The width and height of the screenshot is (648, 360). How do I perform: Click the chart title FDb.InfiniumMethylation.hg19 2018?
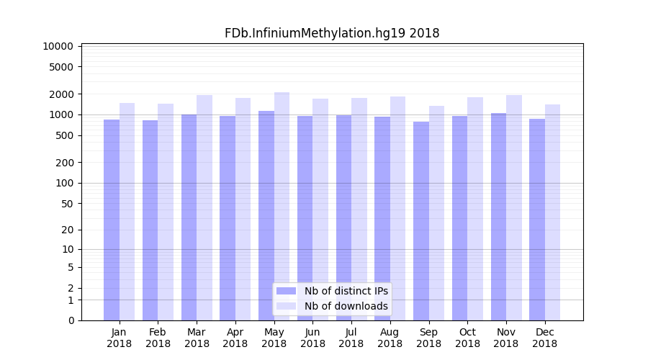pyautogui.click(x=332, y=33)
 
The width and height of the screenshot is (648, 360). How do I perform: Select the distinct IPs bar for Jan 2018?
pyautogui.click(x=112, y=220)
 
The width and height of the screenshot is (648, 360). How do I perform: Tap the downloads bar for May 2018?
pyautogui.click(x=282, y=206)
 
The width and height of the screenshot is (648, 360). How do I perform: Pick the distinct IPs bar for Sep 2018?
pyautogui.click(x=421, y=221)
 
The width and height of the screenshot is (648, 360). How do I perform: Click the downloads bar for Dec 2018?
pyautogui.click(x=552, y=212)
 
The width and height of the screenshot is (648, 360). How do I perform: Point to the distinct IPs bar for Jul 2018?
pyautogui.click(x=343, y=217)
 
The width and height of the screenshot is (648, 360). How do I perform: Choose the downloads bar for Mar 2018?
pyautogui.click(x=204, y=207)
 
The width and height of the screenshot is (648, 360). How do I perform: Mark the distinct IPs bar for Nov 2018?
pyautogui.click(x=498, y=216)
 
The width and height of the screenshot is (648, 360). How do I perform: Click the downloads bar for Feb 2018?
pyautogui.click(x=166, y=212)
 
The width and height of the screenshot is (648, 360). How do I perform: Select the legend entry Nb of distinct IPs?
pyautogui.click(x=346, y=291)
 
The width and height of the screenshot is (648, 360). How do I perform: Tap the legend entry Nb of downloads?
pyautogui.click(x=346, y=306)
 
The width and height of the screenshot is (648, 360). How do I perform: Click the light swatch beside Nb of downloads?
pyautogui.click(x=287, y=306)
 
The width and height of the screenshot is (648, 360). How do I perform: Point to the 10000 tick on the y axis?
pyautogui.click(x=58, y=46)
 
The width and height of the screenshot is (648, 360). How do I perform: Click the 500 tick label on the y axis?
pyautogui.click(x=64, y=135)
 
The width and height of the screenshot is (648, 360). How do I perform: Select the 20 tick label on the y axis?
pyautogui.click(x=67, y=230)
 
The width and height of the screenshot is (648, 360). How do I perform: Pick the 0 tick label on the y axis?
pyautogui.click(x=71, y=320)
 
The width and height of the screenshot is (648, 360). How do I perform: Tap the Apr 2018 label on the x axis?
pyautogui.click(x=235, y=338)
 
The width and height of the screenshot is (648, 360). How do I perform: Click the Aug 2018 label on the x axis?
pyautogui.click(x=390, y=338)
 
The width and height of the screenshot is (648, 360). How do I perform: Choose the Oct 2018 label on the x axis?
pyautogui.click(x=467, y=338)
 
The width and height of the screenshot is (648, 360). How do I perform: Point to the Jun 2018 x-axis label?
pyautogui.click(x=312, y=338)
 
